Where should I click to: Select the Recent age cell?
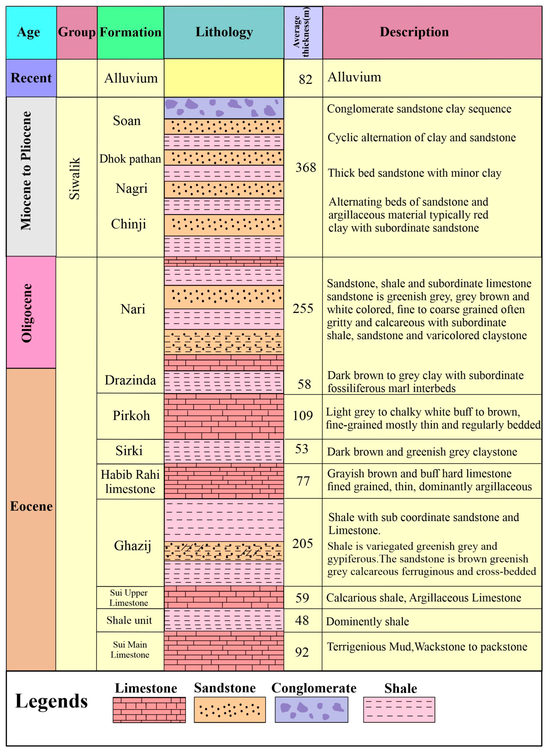coord(31,78)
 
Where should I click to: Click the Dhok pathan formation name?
coord(130,159)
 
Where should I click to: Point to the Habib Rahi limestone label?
coord(130,482)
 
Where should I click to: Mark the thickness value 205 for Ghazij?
coord(302,543)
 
